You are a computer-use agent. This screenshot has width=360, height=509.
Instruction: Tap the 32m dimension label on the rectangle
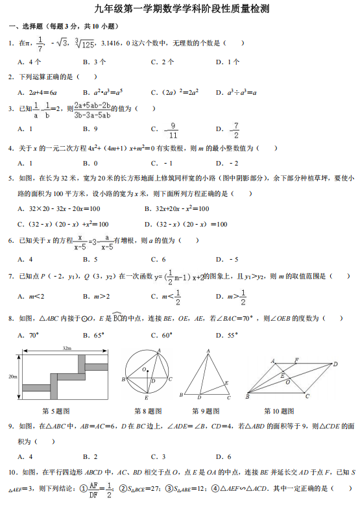click(67, 349)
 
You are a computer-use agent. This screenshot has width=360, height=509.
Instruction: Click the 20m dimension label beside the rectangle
click(13, 377)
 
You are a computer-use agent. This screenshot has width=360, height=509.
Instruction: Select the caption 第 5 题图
click(56, 411)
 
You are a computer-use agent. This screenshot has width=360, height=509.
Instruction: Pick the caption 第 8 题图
click(148, 411)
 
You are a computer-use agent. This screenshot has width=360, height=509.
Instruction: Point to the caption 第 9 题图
click(206, 411)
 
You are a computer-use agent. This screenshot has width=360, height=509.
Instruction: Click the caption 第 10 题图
click(279, 411)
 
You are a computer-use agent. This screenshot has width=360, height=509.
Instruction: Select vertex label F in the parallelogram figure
click(296, 360)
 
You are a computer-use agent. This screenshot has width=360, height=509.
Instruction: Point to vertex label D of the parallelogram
click(336, 364)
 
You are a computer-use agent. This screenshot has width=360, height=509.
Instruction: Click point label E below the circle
click(146, 397)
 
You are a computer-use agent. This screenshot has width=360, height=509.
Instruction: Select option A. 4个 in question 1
click(30, 62)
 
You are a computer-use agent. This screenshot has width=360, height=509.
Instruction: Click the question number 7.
click(11, 276)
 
